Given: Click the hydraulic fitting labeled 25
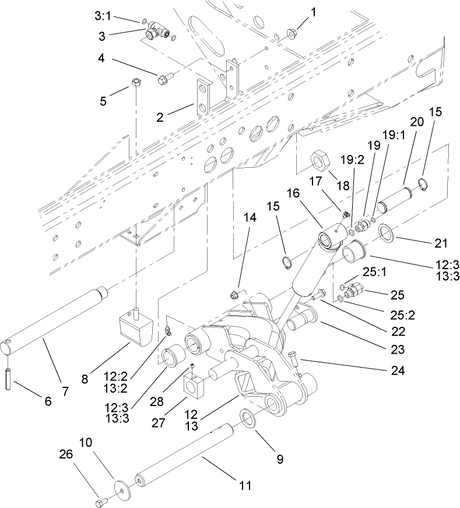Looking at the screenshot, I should pyautogui.click(x=356, y=288).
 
